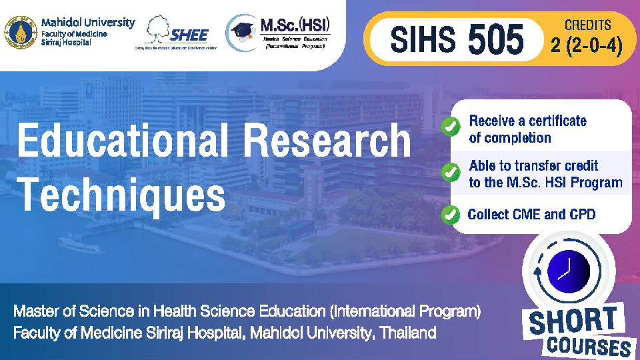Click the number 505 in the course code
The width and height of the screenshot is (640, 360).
tap(496, 41)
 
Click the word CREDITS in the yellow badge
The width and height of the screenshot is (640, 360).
tap(589, 25)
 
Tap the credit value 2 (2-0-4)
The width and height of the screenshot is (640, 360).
tap(587, 49)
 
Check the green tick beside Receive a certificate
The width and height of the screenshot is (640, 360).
tap(451, 125)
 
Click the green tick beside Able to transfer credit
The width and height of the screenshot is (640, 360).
tap(451, 172)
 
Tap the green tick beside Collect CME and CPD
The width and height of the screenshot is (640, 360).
tap(451, 214)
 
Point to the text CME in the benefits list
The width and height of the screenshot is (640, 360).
tap(526, 214)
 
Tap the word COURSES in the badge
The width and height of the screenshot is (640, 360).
tap(589, 345)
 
